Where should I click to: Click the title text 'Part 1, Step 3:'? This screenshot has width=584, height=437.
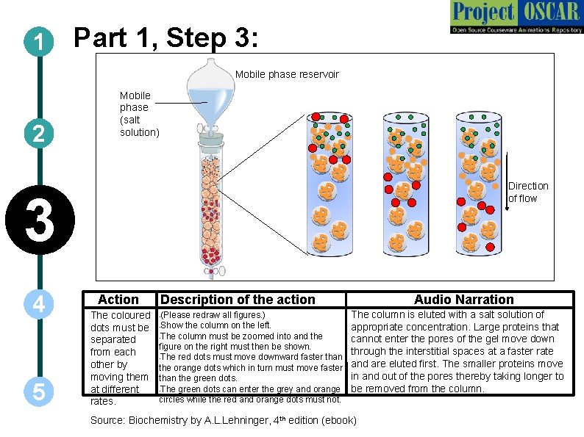(166, 39)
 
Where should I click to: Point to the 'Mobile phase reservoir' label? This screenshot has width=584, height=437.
(287, 74)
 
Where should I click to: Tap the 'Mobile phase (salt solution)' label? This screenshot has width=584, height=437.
(139, 113)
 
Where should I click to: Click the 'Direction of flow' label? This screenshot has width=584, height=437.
(528, 192)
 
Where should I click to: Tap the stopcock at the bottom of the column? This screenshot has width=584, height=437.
(214, 270)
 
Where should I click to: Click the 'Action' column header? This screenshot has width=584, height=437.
(118, 299)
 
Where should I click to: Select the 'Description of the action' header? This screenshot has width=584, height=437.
(238, 299)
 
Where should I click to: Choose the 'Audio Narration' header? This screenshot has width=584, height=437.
(463, 299)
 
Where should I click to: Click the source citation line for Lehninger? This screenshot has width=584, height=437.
(223, 420)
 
